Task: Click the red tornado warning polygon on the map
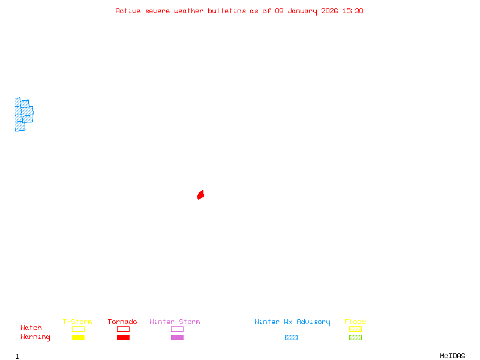point(200,194)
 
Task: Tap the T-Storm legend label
point(77,322)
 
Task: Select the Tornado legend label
point(122,322)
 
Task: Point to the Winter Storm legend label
point(175,322)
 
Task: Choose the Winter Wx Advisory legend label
point(292,322)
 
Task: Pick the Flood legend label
point(355,322)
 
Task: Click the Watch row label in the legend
point(31,328)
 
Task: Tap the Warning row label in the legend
point(35,337)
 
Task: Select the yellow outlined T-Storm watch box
point(78,329)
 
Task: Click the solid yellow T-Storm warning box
point(78,337)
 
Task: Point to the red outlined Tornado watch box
point(123,329)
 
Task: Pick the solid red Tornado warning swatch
point(123,337)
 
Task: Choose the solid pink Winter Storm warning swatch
point(177,337)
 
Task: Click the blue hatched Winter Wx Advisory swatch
point(291,337)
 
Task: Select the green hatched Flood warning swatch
point(355,337)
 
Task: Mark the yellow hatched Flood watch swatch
point(355,329)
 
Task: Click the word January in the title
point(302,11)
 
